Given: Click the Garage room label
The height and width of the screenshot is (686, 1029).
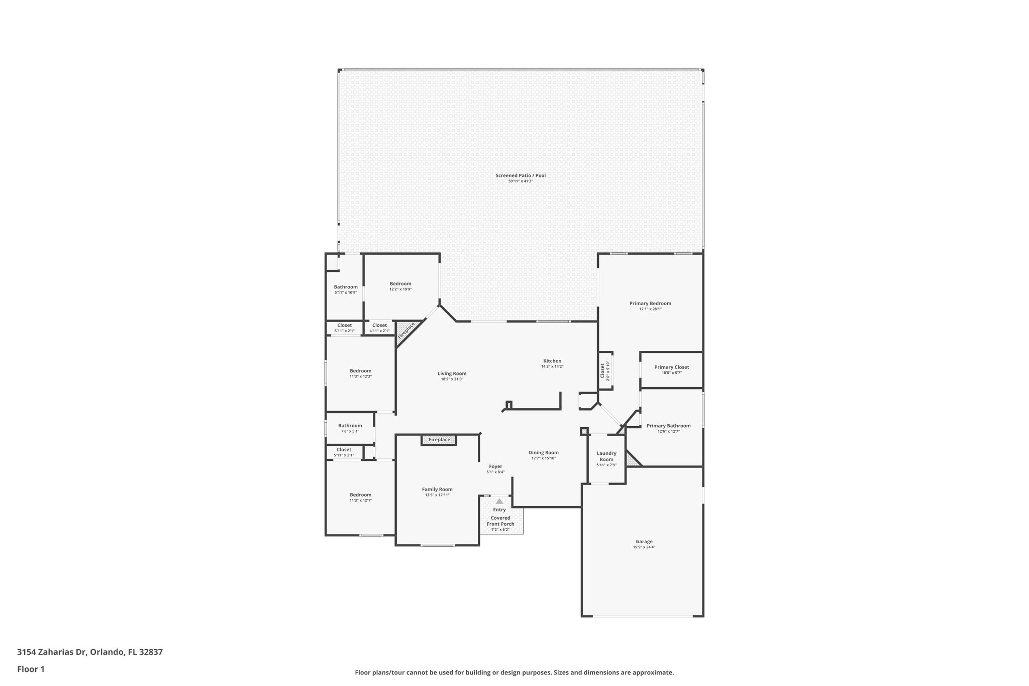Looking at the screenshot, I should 644,542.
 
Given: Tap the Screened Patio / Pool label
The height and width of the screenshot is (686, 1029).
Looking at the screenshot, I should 521,175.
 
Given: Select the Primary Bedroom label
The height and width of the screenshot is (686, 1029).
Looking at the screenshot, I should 650,303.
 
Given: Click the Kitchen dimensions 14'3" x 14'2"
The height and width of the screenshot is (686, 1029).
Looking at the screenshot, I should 552,366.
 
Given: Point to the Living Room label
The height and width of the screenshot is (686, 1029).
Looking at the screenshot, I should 452,373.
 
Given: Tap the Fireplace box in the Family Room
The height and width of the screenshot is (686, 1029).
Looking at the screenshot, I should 439,440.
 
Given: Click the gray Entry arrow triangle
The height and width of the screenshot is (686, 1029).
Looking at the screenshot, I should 499,501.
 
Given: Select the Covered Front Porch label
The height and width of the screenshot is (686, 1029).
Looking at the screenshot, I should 500,521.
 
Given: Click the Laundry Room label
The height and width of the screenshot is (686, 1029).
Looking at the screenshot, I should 606,456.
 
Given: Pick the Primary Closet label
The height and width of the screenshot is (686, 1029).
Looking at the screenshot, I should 671,367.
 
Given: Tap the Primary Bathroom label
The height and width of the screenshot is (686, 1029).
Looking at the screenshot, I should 668,426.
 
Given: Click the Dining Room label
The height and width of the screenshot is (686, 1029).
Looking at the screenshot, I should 544,452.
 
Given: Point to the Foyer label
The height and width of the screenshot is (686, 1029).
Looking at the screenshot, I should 495,466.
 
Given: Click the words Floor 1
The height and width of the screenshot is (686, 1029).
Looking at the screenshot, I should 31,669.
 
